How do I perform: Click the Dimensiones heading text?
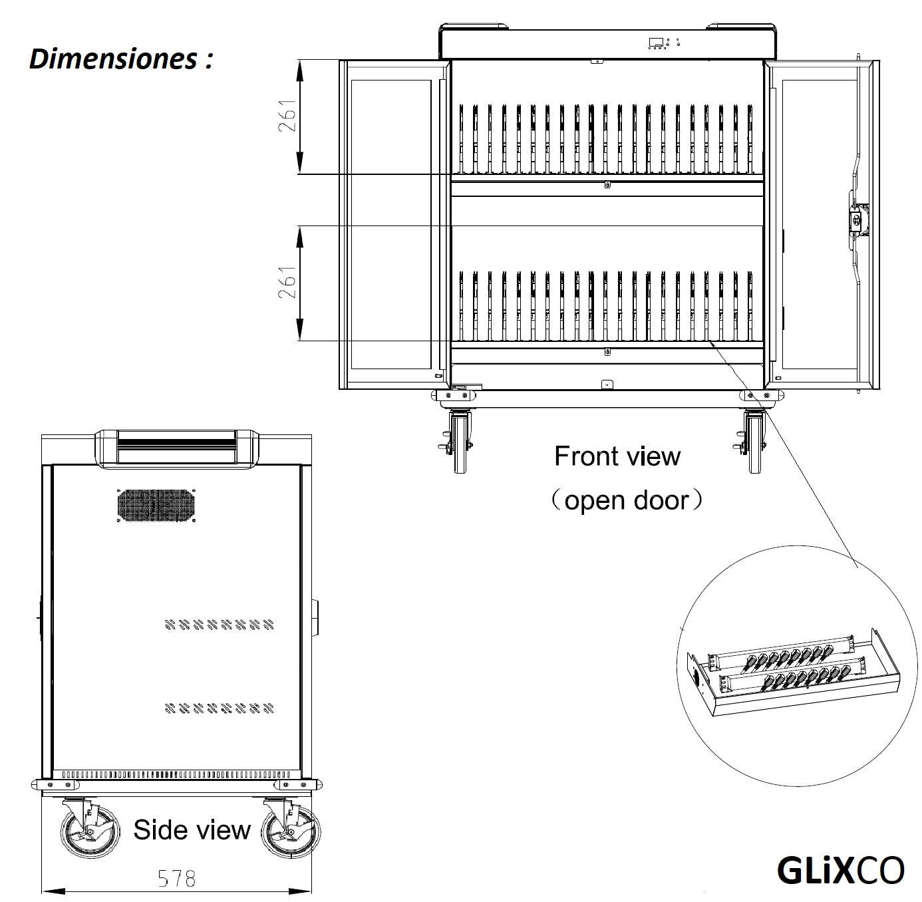coord(121,59)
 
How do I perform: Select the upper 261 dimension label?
coord(287,116)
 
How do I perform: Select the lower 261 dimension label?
coord(287,283)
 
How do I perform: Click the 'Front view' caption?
coord(617,456)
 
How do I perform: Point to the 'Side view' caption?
coord(192,829)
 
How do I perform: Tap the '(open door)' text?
coord(627,500)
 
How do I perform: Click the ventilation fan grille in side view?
coord(157,506)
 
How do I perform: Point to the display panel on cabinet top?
coord(657,43)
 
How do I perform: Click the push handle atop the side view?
coord(176,447)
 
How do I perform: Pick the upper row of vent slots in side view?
coord(220,625)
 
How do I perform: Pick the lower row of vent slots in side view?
coord(220,708)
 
